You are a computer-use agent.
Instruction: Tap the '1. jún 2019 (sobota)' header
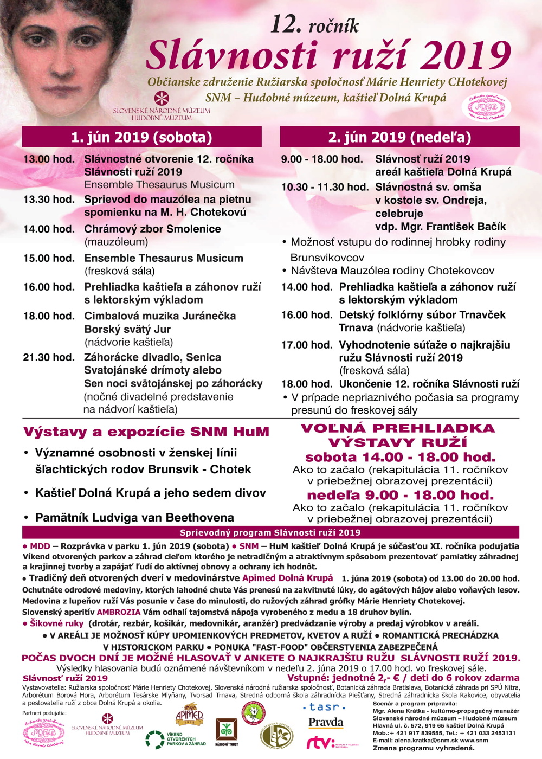[x=141, y=137]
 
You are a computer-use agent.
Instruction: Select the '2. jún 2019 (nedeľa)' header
[x=399, y=137]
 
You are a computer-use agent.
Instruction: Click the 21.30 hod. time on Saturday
[x=49, y=357]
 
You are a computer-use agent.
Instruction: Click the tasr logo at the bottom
[x=324, y=707]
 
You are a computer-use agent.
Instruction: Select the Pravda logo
[x=326, y=722]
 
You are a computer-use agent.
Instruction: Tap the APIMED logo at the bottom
[x=189, y=715]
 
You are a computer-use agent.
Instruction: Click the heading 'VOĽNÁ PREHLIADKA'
[x=398, y=428]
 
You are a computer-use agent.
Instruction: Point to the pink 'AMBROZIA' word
[x=119, y=612]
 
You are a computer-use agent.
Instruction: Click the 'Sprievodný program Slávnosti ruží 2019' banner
[x=270, y=532]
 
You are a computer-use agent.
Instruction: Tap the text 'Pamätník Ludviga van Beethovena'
[x=134, y=518]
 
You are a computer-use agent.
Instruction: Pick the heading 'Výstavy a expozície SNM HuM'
[x=146, y=432]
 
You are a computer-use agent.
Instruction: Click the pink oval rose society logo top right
[x=486, y=107]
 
